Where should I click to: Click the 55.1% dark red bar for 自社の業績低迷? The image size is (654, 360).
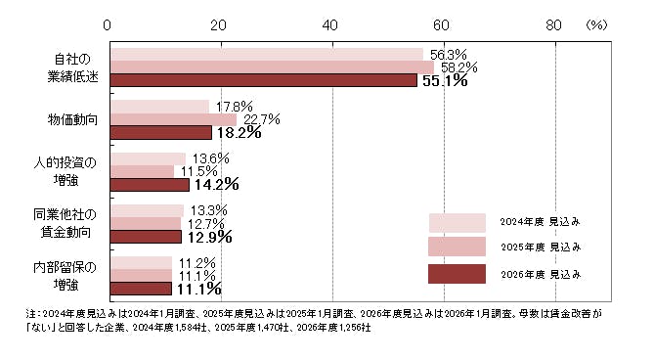264,80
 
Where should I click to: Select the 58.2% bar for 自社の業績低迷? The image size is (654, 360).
272,67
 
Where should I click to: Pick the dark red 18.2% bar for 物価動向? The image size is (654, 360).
160,132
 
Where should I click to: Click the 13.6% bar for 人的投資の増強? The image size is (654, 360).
148,158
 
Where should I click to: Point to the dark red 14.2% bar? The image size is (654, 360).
150,184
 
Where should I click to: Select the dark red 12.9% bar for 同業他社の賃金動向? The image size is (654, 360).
146,236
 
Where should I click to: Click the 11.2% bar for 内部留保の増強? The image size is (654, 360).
141,262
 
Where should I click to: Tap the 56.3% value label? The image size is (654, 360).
448,54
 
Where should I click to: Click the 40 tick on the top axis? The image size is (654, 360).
330,26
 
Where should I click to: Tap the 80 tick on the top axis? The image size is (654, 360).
553,26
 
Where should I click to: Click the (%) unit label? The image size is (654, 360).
595,26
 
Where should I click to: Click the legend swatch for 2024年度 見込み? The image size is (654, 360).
458,222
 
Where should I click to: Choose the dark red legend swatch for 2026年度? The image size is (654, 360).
458,273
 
